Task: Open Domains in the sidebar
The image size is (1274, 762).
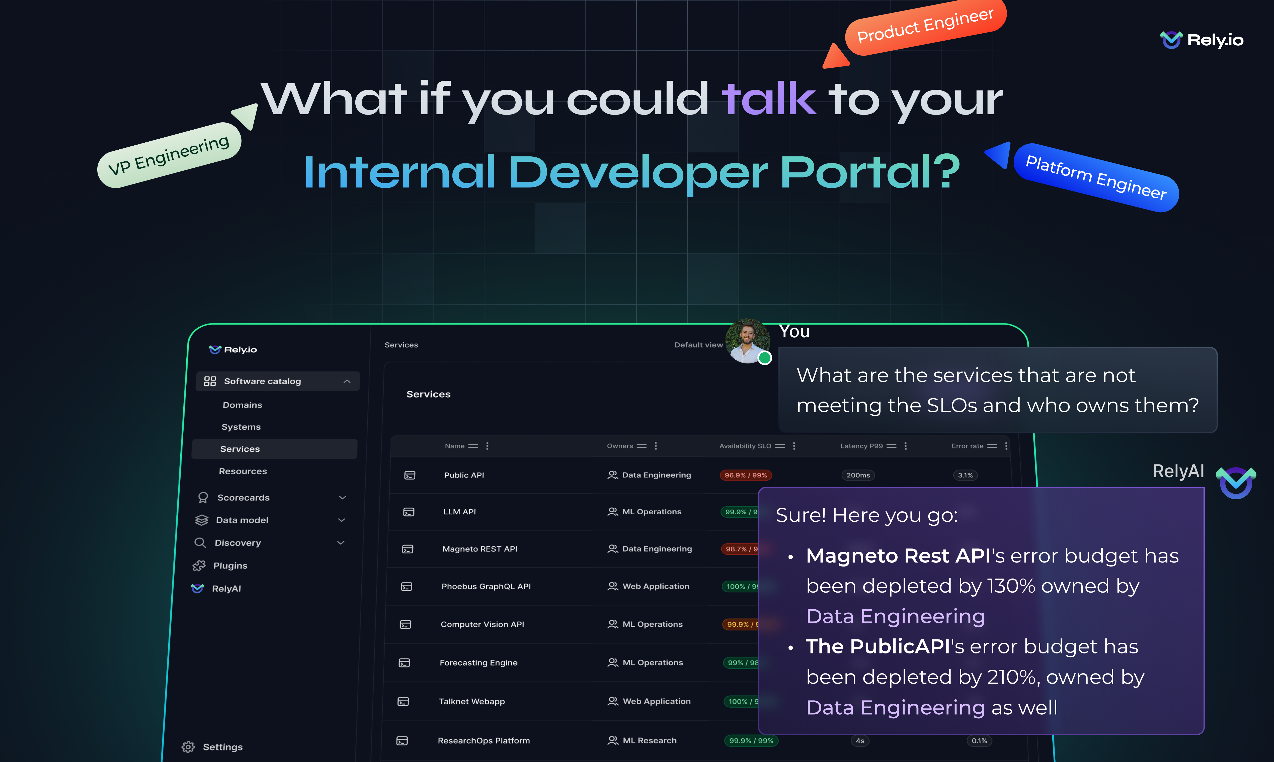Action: pos(243,405)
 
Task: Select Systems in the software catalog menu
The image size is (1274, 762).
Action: pos(241,427)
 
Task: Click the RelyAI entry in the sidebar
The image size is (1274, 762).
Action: pos(226,589)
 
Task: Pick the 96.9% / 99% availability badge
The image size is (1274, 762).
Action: pos(745,475)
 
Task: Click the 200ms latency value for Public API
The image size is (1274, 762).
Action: pos(858,475)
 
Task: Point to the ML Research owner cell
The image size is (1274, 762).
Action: pos(649,740)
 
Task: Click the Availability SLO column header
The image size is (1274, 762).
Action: pos(745,446)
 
